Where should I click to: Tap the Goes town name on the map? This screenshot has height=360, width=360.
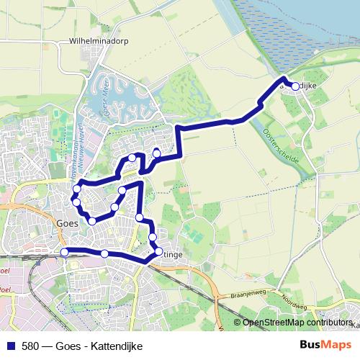(66, 223)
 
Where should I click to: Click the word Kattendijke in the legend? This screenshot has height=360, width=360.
(116, 346)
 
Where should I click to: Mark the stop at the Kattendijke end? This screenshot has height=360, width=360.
(295, 86)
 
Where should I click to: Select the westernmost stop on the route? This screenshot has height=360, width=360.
(64, 252)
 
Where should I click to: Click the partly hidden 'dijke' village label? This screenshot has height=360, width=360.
(308, 86)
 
